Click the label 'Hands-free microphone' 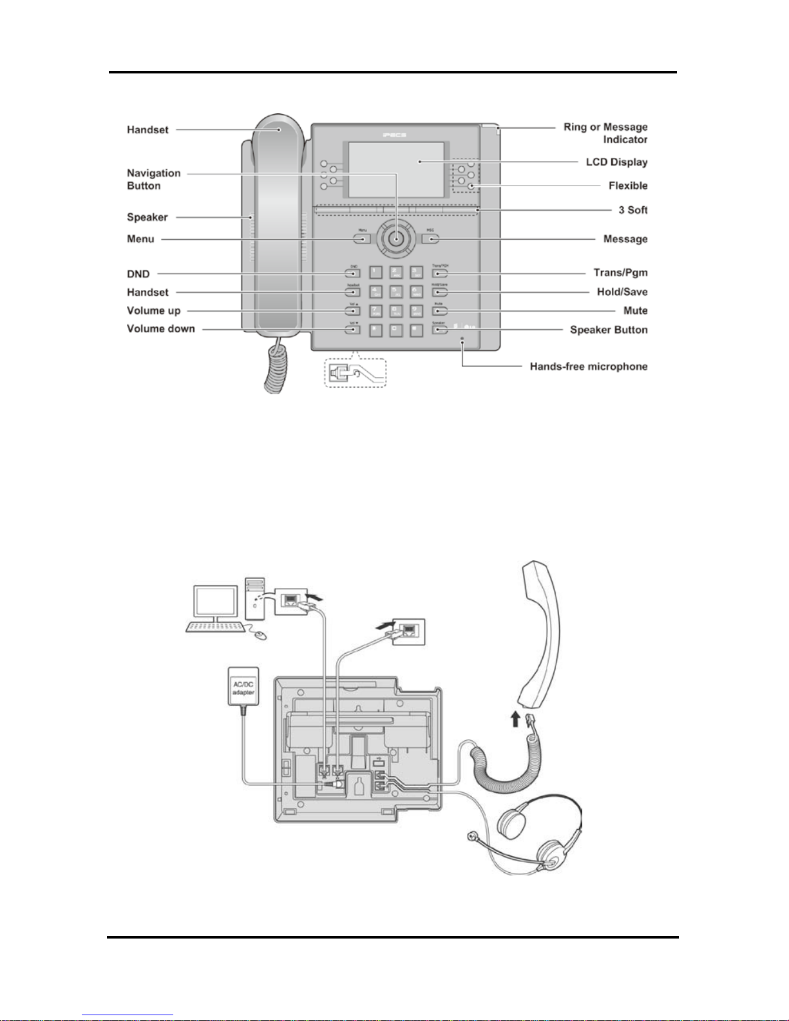coord(588,367)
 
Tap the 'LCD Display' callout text coord(616,162)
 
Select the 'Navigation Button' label coord(153,179)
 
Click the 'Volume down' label coord(160,329)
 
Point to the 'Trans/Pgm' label coord(620,272)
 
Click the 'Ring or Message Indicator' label coord(605,133)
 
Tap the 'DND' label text coord(138,274)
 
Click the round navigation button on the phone coord(396,238)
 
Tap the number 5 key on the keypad coord(396,292)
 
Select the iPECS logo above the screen coord(394,135)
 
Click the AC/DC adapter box coord(243,687)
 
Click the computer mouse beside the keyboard coord(260,636)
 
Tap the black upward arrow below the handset coord(515,718)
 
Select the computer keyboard coord(215,627)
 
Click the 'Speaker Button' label coord(608,330)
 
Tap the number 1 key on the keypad coord(375,273)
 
